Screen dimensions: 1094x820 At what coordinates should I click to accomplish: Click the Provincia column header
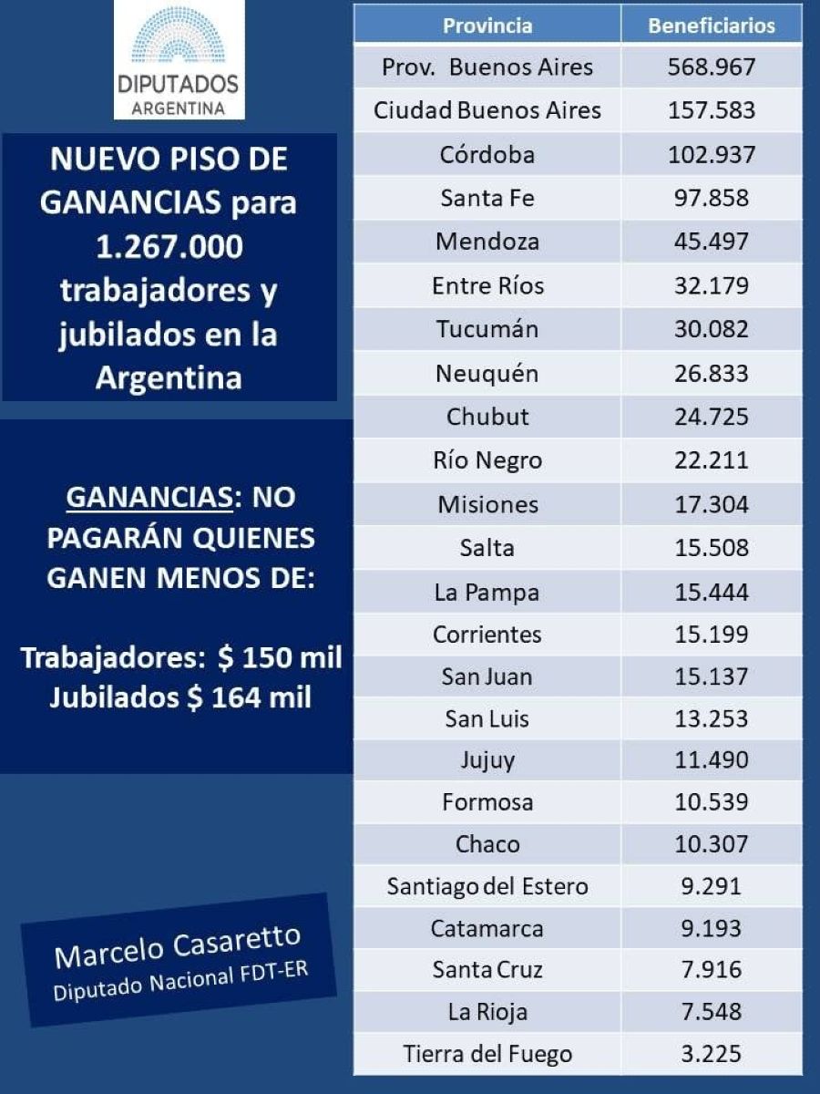[x=487, y=26]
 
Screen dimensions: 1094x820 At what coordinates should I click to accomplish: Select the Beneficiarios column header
[x=712, y=26]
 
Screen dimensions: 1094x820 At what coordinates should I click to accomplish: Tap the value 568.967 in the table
[x=712, y=67]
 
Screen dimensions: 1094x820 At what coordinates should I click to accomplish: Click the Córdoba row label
[x=487, y=154]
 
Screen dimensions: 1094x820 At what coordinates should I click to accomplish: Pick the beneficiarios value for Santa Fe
[x=712, y=198]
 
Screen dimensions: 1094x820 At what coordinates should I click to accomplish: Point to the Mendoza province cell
[x=487, y=242]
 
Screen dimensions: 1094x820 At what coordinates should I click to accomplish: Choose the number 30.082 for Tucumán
[x=712, y=329]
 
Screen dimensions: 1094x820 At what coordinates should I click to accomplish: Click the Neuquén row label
[x=487, y=373]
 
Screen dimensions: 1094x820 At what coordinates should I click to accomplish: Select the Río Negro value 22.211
[x=712, y=460]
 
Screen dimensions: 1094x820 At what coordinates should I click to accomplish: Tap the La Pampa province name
[x=487, y=593]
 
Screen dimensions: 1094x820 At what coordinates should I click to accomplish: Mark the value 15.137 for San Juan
[x=712, y=677]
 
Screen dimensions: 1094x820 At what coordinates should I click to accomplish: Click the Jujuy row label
[x=487, y=759]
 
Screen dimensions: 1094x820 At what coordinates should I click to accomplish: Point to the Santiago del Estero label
[x=487, y=886]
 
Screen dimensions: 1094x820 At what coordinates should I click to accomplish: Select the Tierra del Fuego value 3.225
[x=712, y=1055]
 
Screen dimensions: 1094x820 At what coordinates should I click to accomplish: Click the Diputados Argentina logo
[x=179, y=60]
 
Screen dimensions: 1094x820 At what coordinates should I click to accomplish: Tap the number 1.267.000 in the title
[x=170, y=247]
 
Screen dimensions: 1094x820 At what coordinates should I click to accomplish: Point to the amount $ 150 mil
[x=282, y=657]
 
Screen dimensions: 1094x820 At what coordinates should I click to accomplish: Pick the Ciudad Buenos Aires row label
[x=487, y=111]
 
